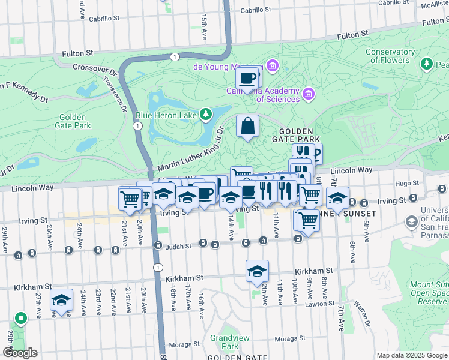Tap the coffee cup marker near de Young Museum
(x=247, y=77)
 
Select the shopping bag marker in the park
(x=247, y=127)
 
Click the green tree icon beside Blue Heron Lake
(x=206, y=113)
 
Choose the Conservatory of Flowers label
(x=390, y=56)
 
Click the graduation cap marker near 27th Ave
(x=61, y=301)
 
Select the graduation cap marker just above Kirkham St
(x=257, y=272)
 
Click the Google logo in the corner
(x=20, y=353)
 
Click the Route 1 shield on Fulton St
(x=174, y=56)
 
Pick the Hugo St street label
(x=406, y=183)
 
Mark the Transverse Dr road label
(x=115, y=92)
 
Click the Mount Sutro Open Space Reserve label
(x=429, y=293)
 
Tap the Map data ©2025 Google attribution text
(x=411, y=355)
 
